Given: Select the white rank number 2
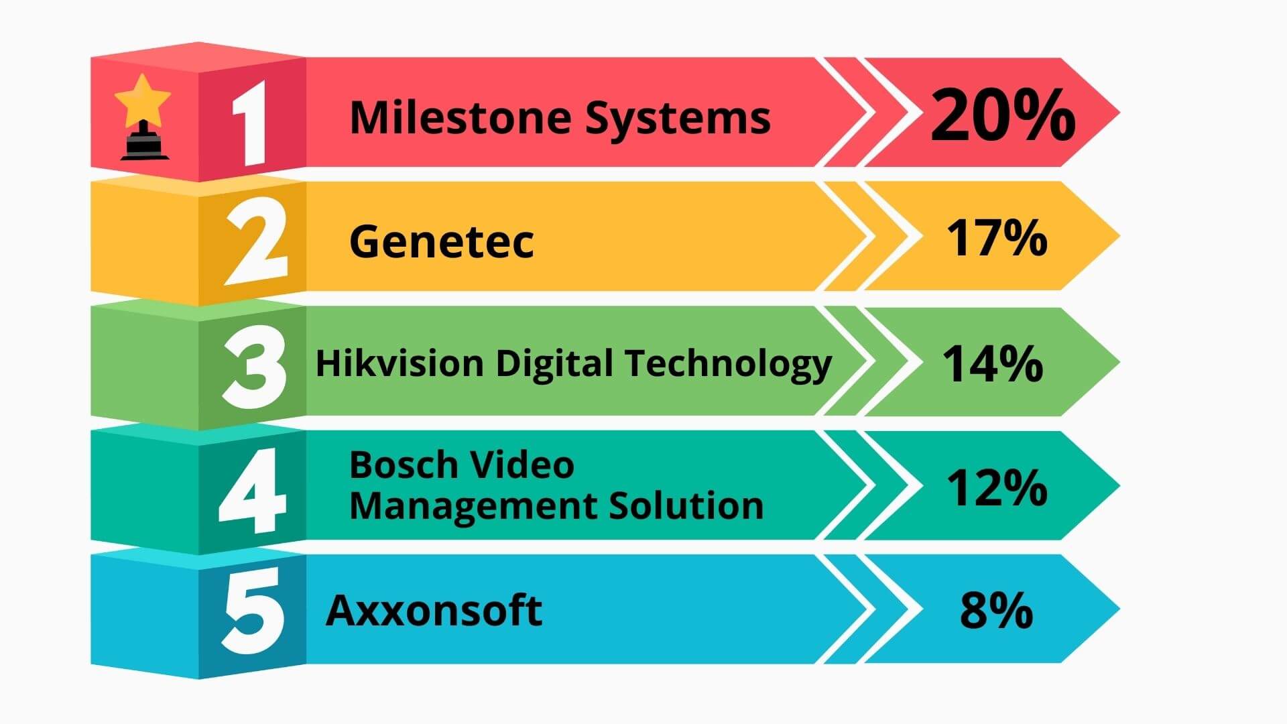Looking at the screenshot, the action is [255, 242].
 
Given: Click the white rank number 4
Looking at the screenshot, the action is [253, 491].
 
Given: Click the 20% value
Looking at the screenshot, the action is [1003, 115].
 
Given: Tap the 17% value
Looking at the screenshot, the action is [996, 238].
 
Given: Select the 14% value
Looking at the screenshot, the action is [993, 364].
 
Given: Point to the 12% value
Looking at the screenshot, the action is [997, 487].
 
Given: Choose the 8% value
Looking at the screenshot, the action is [996, 610].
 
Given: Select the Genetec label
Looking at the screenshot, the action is [442, 241].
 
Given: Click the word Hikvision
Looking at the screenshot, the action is [400, 363].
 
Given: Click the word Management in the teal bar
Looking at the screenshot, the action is [473, 507].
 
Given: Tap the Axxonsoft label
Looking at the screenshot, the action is [434, 610].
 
